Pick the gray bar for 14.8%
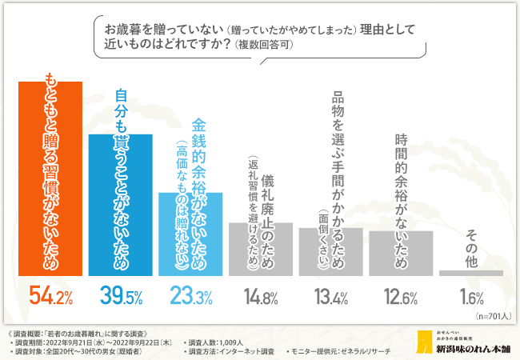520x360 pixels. coord(261,249)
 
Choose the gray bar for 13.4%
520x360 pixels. coord(330,251)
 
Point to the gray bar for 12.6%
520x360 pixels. coord(401,253)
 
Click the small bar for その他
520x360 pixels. coord(471,273)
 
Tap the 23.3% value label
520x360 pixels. coord(191,298)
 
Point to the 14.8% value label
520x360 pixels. coord(262,298)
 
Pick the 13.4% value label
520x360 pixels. coord(331,298)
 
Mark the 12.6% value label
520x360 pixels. coord(402,298)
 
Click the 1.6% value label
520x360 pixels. coord(472,298)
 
